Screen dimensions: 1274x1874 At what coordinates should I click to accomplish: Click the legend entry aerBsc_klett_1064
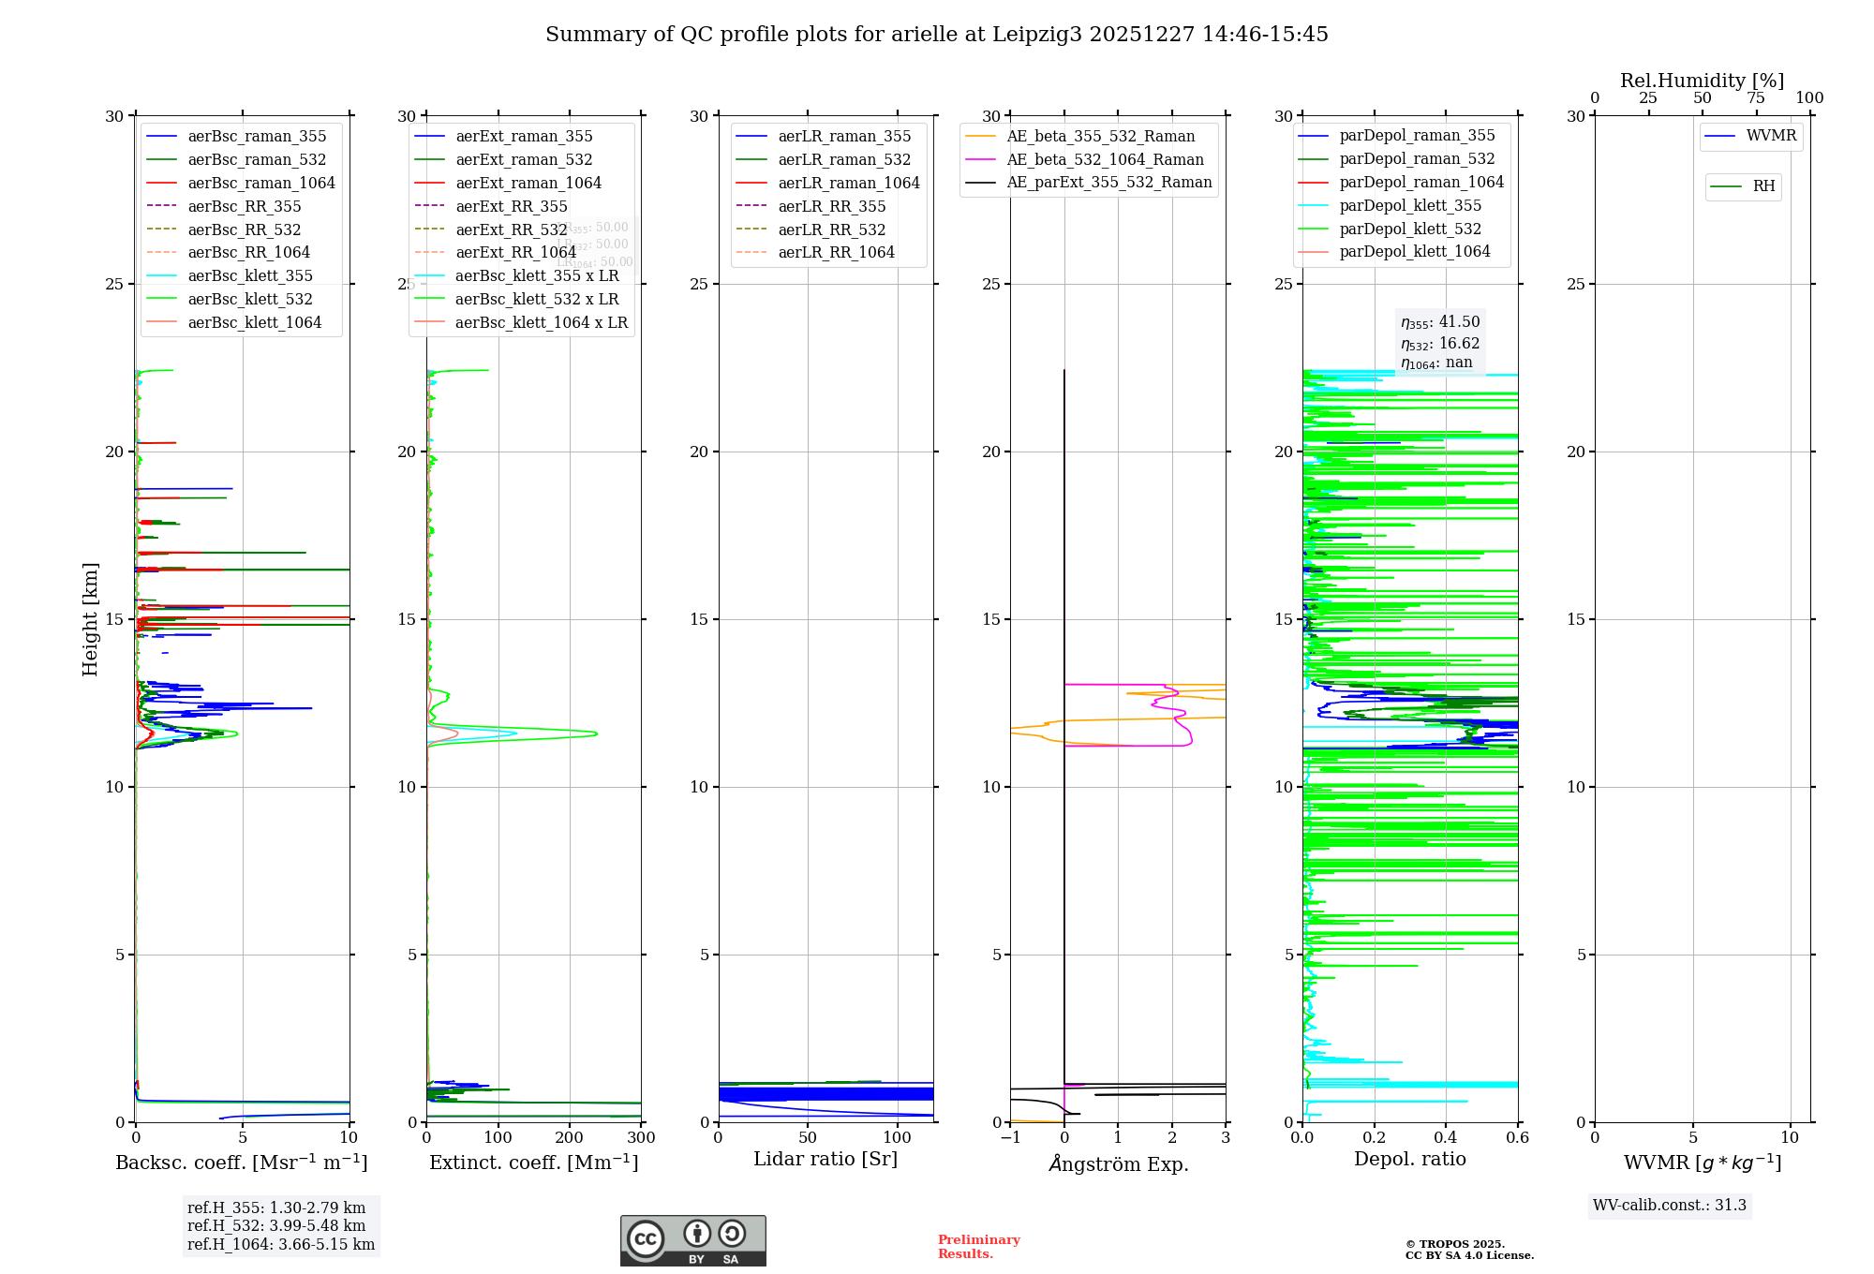[254, 322]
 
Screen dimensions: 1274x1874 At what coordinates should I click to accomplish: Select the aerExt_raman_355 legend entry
[524, 137]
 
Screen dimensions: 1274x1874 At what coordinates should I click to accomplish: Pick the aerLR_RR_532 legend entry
[831, 230]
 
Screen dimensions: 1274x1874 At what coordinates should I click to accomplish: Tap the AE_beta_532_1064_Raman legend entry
[1105, 160]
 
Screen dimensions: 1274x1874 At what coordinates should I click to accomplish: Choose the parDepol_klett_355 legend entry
[1410, 206]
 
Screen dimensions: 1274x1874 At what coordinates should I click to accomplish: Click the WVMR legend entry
[1771, 136]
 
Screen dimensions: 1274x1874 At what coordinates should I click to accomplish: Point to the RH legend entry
[1763, 186]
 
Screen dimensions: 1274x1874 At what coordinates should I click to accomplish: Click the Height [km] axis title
[90, 618]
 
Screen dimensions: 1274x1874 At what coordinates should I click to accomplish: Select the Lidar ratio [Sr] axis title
[825, 1159]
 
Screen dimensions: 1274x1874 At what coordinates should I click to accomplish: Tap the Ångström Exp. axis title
[1118, 1163]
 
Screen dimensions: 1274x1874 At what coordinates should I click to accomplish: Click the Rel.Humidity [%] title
[1702, 81]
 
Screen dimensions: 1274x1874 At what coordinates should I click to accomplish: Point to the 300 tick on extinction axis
[641, 1138]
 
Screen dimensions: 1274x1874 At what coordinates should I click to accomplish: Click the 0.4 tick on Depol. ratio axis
[1446, 1138]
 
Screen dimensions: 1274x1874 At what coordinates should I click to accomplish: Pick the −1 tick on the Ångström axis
[1010, 1138]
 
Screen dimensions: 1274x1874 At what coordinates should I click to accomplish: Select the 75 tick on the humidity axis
[1755, 98]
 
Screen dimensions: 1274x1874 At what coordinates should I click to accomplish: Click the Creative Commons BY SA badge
[692, 1241]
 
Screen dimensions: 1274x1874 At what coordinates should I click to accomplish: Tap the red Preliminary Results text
[978, 1247]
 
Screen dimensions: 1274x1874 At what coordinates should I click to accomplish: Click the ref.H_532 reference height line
[276, 1226]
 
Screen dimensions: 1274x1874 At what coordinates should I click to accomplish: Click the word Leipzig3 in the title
[1036, 35]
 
